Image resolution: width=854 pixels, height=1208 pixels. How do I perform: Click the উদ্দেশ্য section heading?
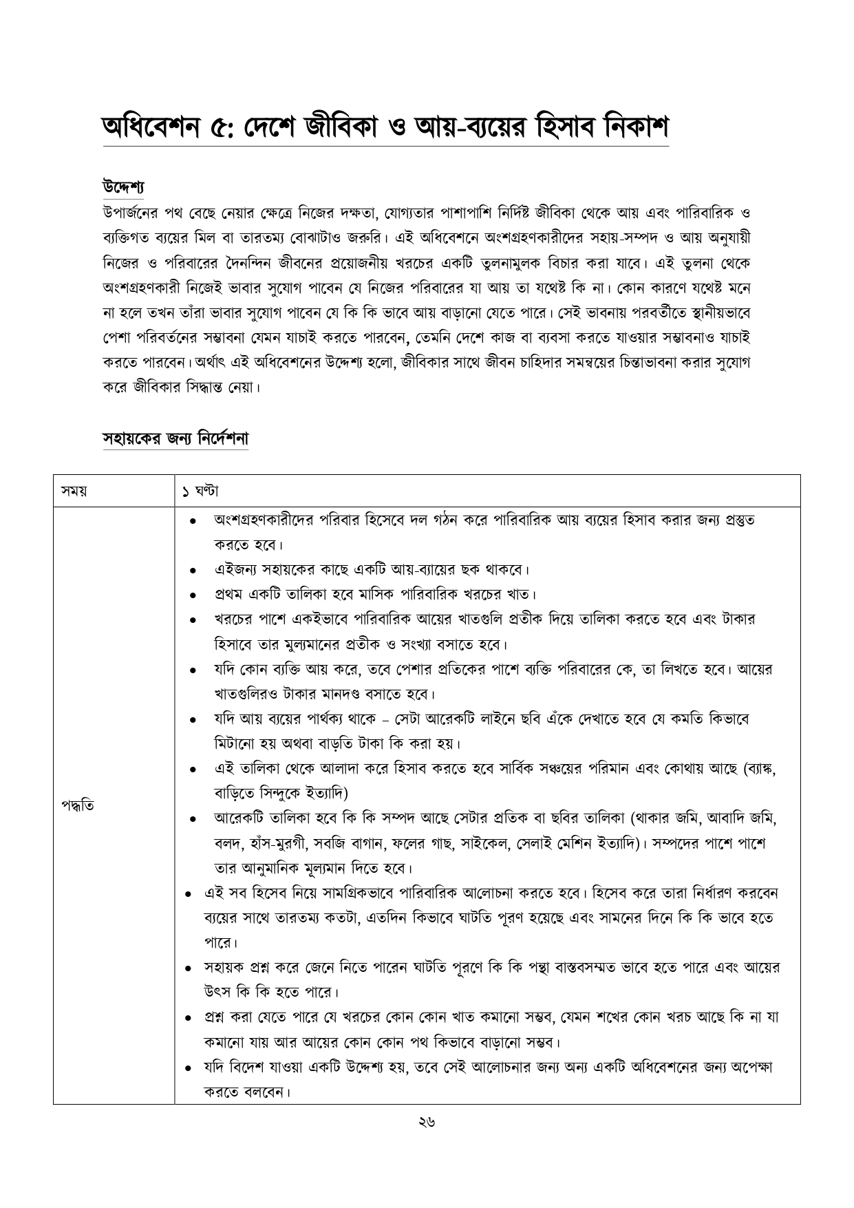pos(122,187)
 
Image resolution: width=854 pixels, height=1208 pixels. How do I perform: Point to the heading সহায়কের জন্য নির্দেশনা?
pos(175,438)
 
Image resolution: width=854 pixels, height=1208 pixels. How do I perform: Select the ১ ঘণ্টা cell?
pos(200,491)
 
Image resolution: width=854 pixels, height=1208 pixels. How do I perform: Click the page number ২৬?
pos(427,1123)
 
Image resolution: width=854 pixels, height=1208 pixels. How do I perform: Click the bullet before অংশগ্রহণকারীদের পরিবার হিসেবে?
pos(195,520)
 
